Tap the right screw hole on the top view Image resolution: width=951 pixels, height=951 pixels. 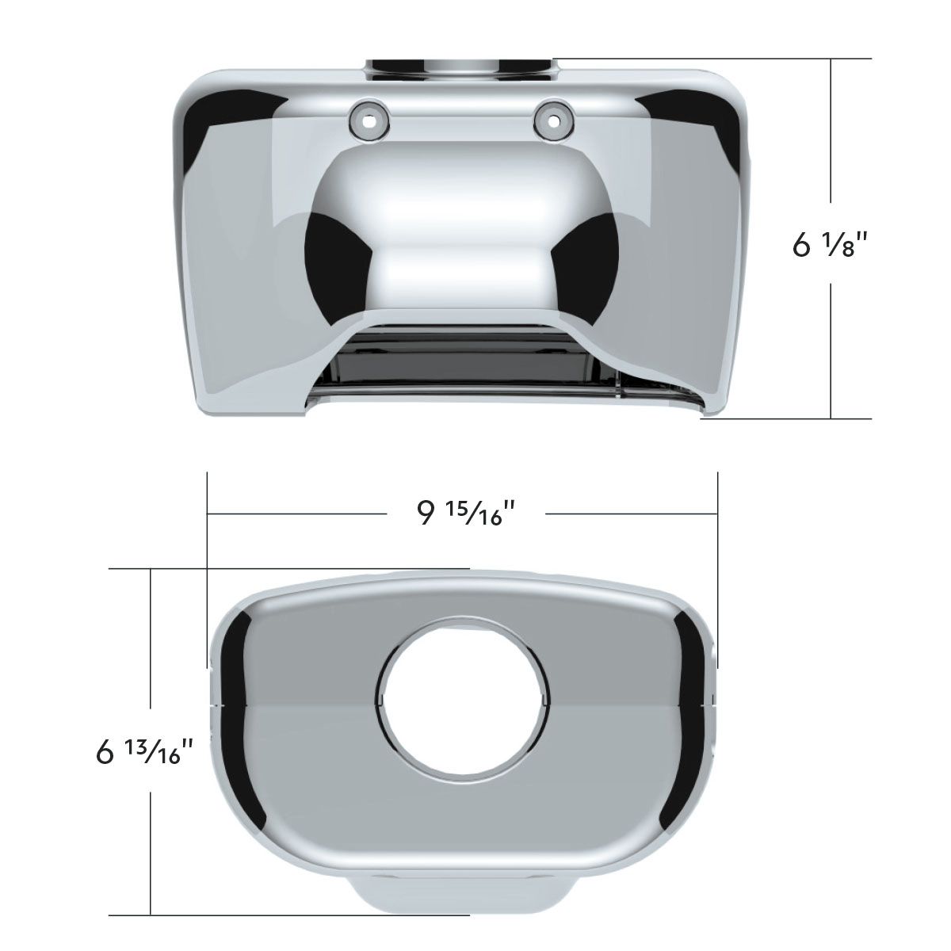click(552, 120)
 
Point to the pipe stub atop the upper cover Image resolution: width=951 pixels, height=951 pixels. click(460, 68)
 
